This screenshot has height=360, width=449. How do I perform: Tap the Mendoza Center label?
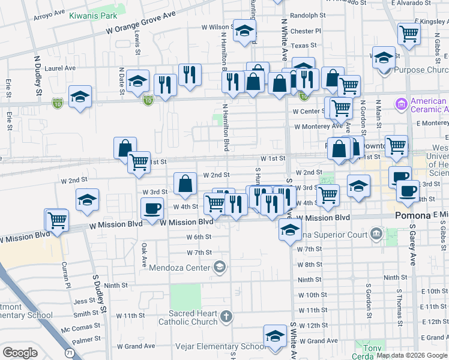tap(181, 266)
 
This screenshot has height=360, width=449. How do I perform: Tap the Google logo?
tap(20, 352)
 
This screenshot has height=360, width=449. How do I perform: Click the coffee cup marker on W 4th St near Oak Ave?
tap(152, 208)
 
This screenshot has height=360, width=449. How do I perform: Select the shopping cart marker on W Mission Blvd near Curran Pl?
tap(58, 220)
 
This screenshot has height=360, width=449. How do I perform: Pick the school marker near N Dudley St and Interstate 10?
tap(80, 97)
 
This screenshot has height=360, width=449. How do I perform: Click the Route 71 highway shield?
tap(70, 353)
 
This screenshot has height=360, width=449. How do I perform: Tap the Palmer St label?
tap(86, 340)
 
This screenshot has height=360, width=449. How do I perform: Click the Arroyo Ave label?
tap(50, 12)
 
